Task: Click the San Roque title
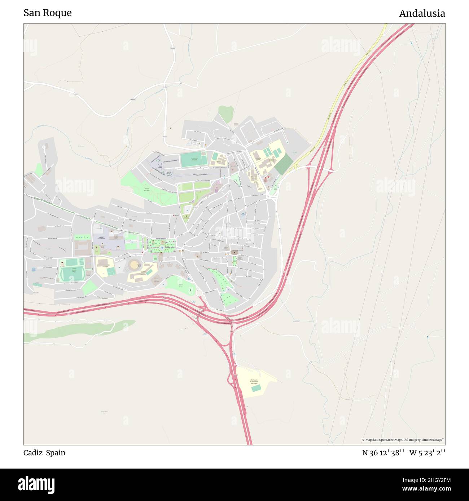48,13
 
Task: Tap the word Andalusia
422,14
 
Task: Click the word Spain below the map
56,453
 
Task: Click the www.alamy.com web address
424,489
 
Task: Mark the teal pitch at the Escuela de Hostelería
256,389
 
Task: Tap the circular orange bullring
134,265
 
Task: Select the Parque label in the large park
147,190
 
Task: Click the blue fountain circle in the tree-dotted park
162,248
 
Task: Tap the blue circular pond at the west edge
34,269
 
